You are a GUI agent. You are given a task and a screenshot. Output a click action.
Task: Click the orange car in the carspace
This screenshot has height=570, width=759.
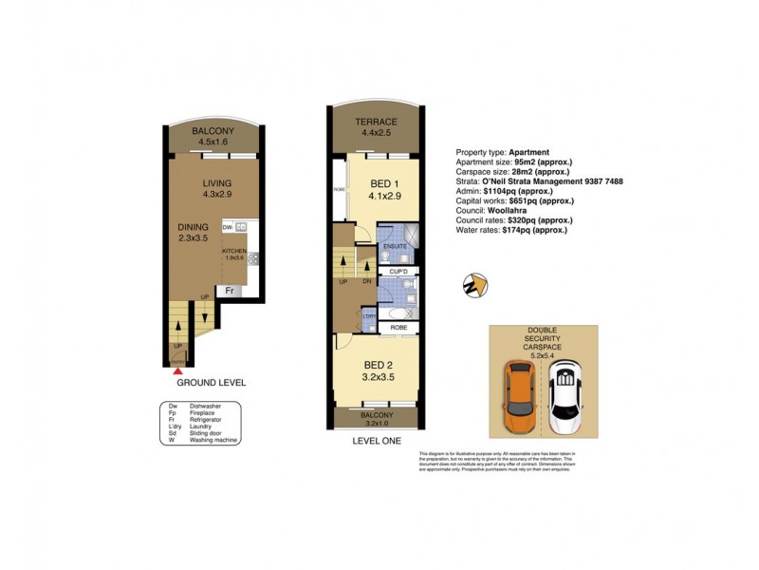tap(520, 396)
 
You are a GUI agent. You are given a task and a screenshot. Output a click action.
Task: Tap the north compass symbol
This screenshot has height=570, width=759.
tap(473, 283)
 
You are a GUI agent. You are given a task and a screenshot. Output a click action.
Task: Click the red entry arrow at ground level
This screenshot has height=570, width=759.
tap(177, 372)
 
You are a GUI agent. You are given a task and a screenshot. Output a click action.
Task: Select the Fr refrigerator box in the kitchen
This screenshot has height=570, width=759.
tap(229, 290)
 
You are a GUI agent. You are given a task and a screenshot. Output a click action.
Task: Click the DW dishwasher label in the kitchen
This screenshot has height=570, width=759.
tap(228, 228)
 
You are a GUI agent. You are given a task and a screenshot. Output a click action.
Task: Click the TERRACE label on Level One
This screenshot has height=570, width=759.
tap(376, 123)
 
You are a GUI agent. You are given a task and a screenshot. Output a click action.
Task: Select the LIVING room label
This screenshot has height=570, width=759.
tap(217, 184)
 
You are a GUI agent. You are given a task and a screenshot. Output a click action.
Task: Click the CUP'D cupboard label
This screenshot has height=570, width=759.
tap(398, 273)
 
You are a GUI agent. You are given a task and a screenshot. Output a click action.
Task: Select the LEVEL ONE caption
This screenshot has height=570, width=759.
tap(376, 441)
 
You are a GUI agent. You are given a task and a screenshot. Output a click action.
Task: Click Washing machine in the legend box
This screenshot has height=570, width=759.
tap(214, 439)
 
